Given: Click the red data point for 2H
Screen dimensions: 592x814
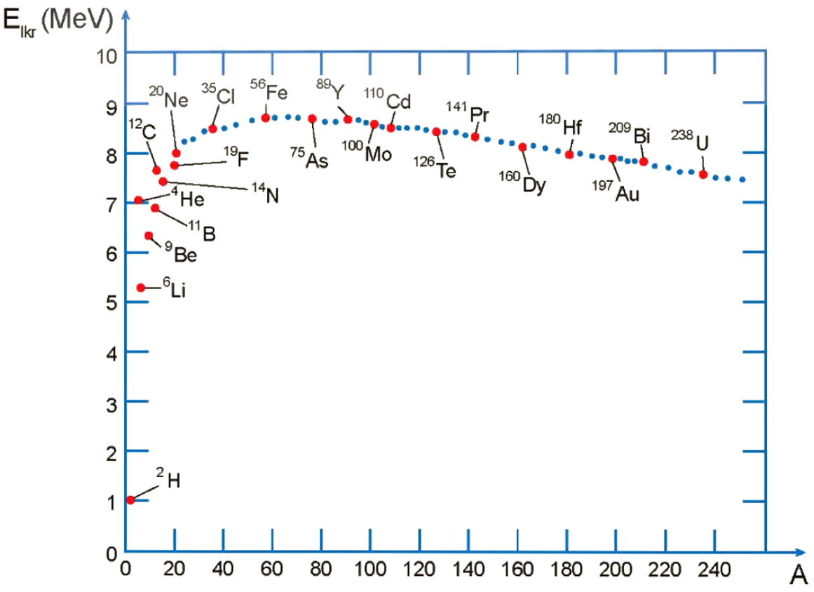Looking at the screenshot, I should pos(130,500).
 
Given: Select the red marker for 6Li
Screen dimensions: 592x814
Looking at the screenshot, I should pos(141,288).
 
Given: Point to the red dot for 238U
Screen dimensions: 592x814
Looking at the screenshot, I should pos(703,174).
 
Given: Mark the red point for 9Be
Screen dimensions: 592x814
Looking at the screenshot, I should pos(149,236).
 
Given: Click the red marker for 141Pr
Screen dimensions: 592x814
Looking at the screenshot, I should pos(475,137).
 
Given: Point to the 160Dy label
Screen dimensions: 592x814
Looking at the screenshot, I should pos(529,184).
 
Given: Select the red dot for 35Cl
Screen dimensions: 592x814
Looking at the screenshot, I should pos(212,128).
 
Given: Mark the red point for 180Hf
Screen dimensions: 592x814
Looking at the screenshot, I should pos(569,154).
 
